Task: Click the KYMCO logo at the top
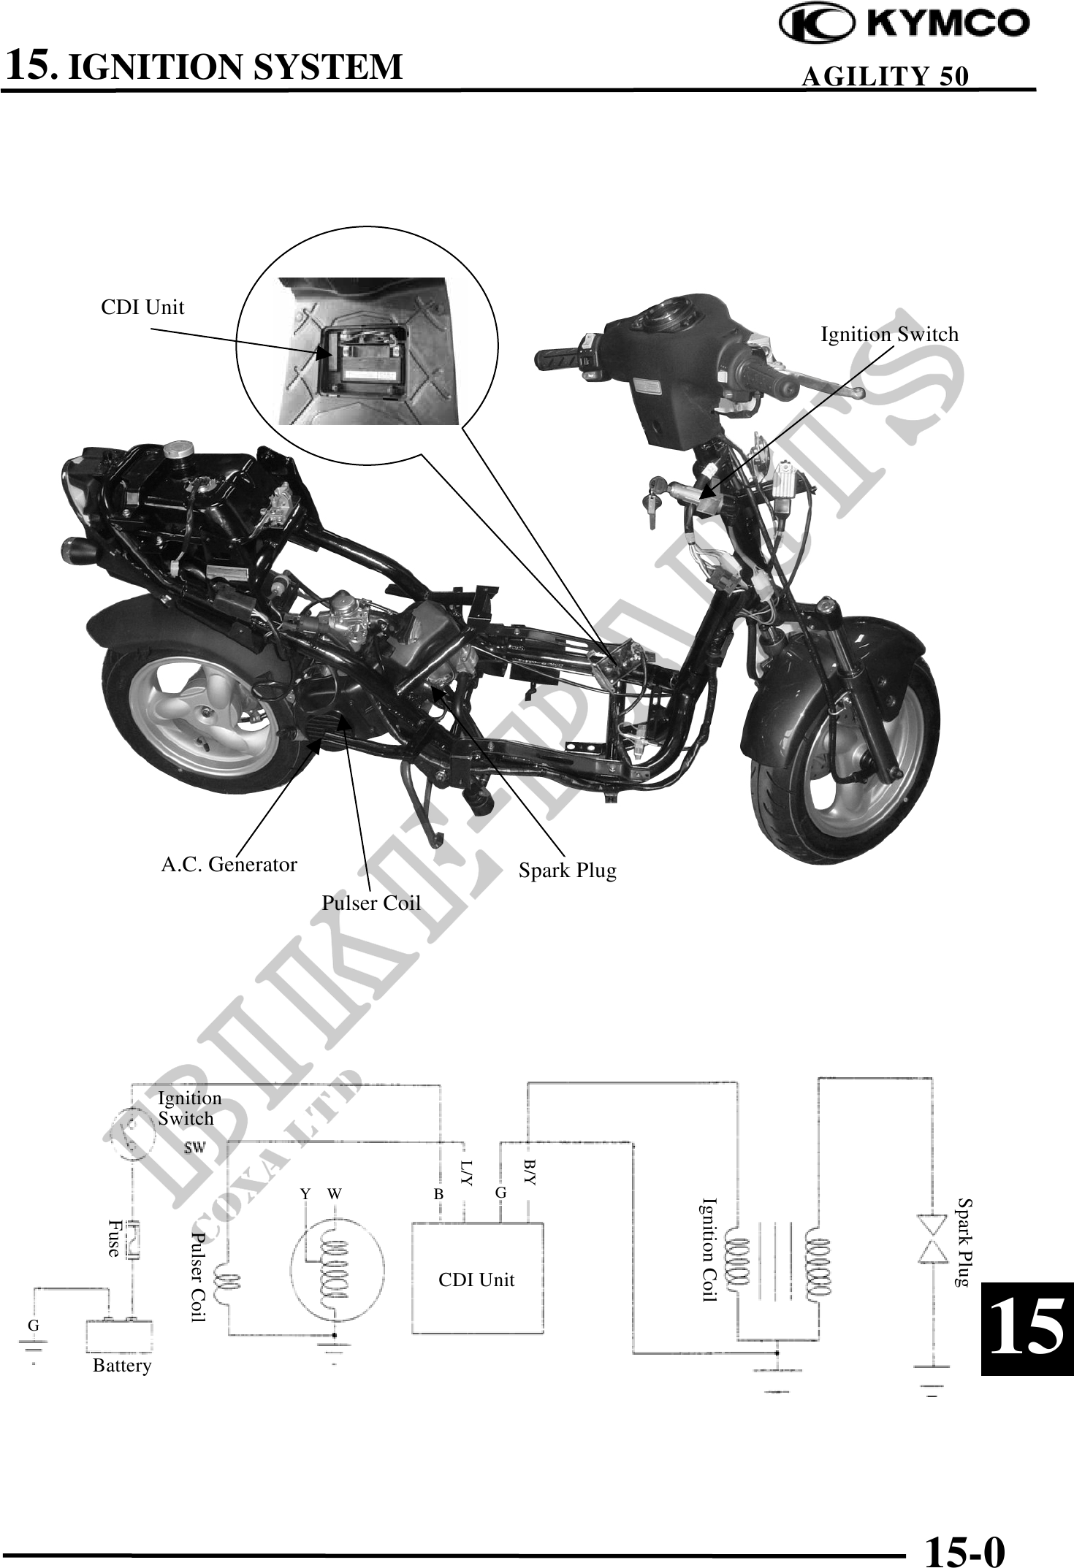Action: (x=904, y=25)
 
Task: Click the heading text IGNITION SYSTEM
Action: (x=239, y=66)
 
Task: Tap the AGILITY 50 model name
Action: (x=885, y=76)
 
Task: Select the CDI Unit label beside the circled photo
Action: (x=142, y=307)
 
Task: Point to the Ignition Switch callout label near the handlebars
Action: (x=889, y=334)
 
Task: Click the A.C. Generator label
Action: (x=229, y=865)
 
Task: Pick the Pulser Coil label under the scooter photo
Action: (x=371, y=903)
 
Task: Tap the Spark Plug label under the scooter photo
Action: (x=567, y=871)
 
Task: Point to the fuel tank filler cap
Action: (x=177, y=449)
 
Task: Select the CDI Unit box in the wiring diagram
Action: (x=476, y=1280)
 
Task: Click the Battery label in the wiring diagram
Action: (x=122, y=1366)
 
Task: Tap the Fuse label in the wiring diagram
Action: (x=114, y=1238)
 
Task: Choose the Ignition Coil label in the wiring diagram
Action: (x=709, y=1250)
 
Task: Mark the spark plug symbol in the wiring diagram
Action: (x=933, y=1239)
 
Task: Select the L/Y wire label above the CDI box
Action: (x=467, y=1171)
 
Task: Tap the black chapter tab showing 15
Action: (x=1027, y=1329)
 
